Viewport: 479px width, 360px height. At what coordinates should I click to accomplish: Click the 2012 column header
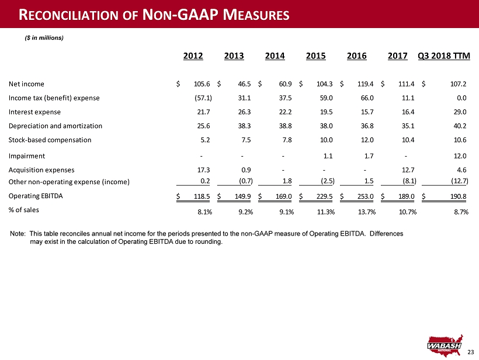pos(193,56)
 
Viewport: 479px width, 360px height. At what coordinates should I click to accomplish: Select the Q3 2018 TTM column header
pos(444,56)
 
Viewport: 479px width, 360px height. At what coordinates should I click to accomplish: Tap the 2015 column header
pos(315,56)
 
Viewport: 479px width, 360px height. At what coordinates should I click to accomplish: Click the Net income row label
pos(26,84)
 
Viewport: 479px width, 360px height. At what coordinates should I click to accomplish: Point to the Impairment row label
pos(26,156)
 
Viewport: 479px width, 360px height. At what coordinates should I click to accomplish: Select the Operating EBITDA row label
pos(36,196)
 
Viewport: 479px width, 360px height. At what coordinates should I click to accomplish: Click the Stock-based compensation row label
pos(50,140)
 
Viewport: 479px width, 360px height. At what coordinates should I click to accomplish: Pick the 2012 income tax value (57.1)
pos(203,98)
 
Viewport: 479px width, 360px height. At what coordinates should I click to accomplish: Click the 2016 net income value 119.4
pos(365,84)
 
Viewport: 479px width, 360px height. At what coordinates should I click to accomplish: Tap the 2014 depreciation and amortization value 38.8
pos(285,126)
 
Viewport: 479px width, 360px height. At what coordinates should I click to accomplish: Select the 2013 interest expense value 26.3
pos(244,112)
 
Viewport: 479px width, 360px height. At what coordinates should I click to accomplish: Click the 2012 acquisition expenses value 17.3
pos(203,170)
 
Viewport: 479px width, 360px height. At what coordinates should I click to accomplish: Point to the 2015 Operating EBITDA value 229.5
pos(324,196)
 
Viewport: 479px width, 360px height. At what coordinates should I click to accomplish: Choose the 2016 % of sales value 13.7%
pos(367,212)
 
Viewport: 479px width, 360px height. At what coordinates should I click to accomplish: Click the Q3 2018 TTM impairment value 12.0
pos(460,156)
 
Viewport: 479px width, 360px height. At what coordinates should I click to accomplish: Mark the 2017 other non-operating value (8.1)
pos(409,181)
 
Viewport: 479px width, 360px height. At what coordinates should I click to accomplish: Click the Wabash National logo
pos(445,345)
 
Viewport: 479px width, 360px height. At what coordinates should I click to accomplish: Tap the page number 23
pos(470,352)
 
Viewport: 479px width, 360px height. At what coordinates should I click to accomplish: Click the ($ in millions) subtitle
pos(44,38)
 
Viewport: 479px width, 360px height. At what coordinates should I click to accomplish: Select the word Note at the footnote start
pos(18,234)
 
